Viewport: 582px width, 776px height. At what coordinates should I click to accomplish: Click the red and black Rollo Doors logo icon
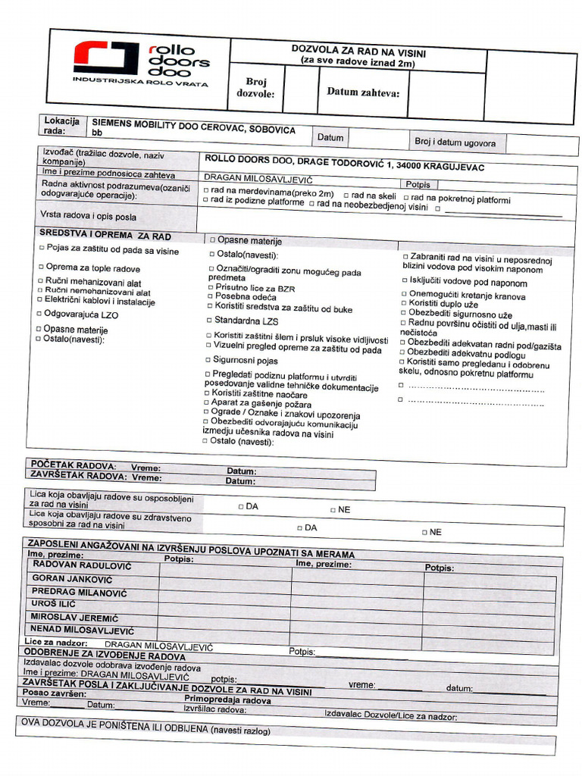pyautogui.click(x=106, y=58)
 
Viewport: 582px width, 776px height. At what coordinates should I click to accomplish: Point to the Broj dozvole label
pyautogui.click(x=255, y=88)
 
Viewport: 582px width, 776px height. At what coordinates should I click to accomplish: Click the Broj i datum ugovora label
pyautogui.click(x=455, y=142)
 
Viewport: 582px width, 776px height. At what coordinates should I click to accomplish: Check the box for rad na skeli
pyautogui.click(x=346, y=195)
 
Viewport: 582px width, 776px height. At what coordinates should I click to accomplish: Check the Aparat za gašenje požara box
pyautogui.click(x=206, y=405)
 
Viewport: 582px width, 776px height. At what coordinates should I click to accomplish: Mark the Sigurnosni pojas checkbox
pyautogui.click(x=207, y=360)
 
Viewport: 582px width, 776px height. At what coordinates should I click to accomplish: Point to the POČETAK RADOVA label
pyautogui.click(x=73, y=465)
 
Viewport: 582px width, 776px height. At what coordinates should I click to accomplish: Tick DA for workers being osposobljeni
pyautogui.click(x=240, y=506)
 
